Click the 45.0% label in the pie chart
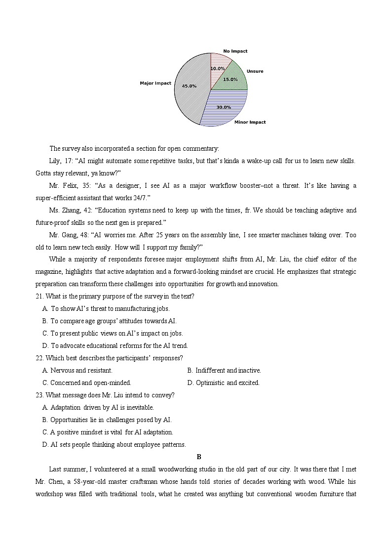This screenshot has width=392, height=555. pyautogui.click(x=189, y=86)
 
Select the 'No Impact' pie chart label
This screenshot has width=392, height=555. pyautogui.click(x=235, y=51)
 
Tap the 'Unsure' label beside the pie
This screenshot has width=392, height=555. pyautogui.click(x=255, y=71)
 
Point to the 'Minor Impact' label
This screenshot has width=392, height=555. pyautogui.click(x=250, y=122)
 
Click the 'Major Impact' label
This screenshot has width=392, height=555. pyautogui.click(x=156, y=83)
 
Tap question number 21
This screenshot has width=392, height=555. pyautogui.click(x=39, y=296)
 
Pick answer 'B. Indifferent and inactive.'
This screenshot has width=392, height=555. pyautogui.click(x=224, y=370)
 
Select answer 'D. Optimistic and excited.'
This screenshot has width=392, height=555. pyautogui.click(x=223, y=383)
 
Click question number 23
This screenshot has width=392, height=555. pyautogui.click(x=39, y=395)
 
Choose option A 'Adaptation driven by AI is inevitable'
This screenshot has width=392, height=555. pyautogui.click(x=99, y=407)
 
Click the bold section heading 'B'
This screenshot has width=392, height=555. pyautogui.click(x=199, y=457)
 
